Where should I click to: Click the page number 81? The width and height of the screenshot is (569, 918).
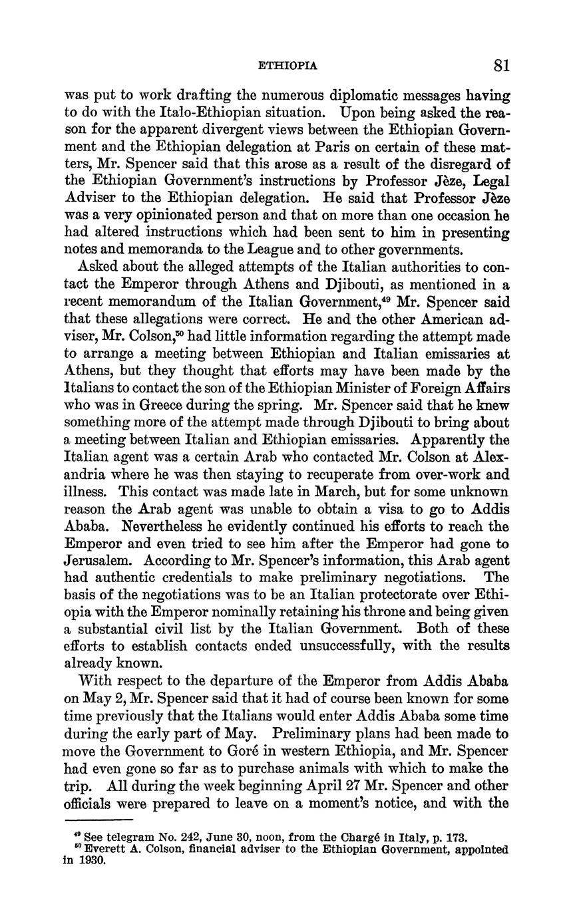point(502,65)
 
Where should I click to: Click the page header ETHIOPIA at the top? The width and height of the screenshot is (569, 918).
point(287,66)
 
